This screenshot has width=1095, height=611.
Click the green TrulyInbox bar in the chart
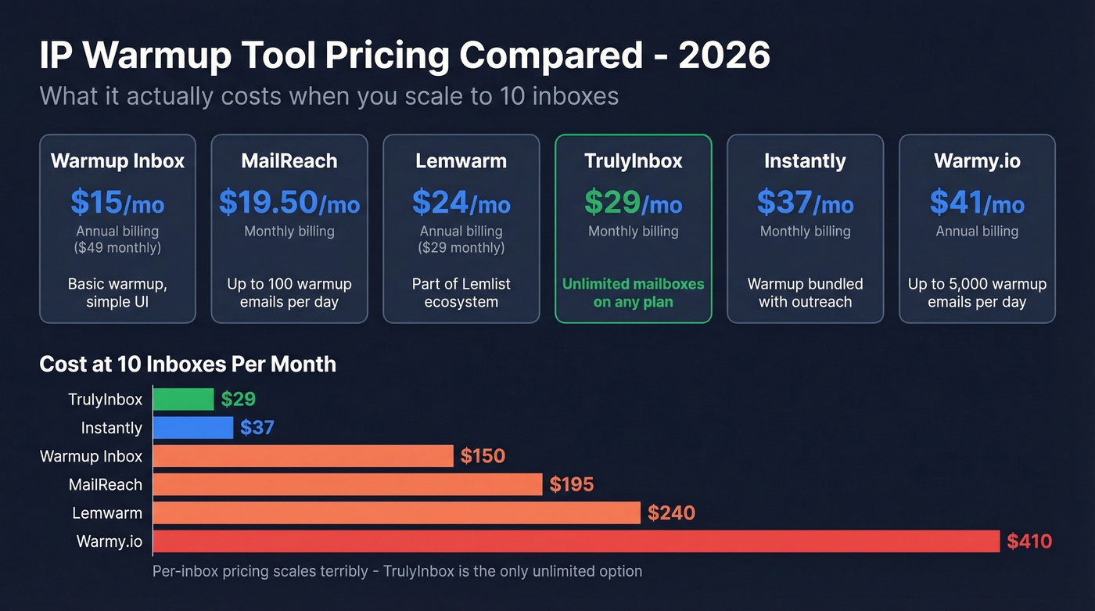(x=183, y=399)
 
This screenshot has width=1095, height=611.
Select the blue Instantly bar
(x=193, y=427)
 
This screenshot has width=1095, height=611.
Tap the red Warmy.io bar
(x=576, y=541)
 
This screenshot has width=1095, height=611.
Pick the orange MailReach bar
(x=347, y=484)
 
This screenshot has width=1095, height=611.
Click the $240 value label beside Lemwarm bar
(x=671, y=513)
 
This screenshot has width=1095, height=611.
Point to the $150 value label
(x=483, y=456)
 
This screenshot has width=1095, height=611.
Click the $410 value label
(x=1029, y=541)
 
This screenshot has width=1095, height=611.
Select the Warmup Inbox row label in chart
(x=91, y=456)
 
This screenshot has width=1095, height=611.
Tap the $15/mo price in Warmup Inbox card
(x=117, y=203)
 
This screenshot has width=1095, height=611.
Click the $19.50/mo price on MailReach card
(x=289, y=203)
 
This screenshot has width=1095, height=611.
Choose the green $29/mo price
(x=633, y=203)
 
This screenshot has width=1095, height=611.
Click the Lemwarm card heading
(x=461, y=161)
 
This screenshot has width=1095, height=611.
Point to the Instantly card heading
(x=805, y=161)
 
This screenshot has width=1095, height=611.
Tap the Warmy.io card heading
(x=977, y=161)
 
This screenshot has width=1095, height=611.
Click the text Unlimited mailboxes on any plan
(x=633, y=293)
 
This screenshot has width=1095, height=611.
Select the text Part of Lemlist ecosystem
(x=461, y=293)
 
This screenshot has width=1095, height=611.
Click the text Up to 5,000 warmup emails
(x=977, y=293)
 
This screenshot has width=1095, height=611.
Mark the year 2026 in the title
(x=723, y=56)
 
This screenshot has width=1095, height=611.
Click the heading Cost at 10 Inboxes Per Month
(x=188, y=364)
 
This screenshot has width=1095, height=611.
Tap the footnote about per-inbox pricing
(x=397, y=571)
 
